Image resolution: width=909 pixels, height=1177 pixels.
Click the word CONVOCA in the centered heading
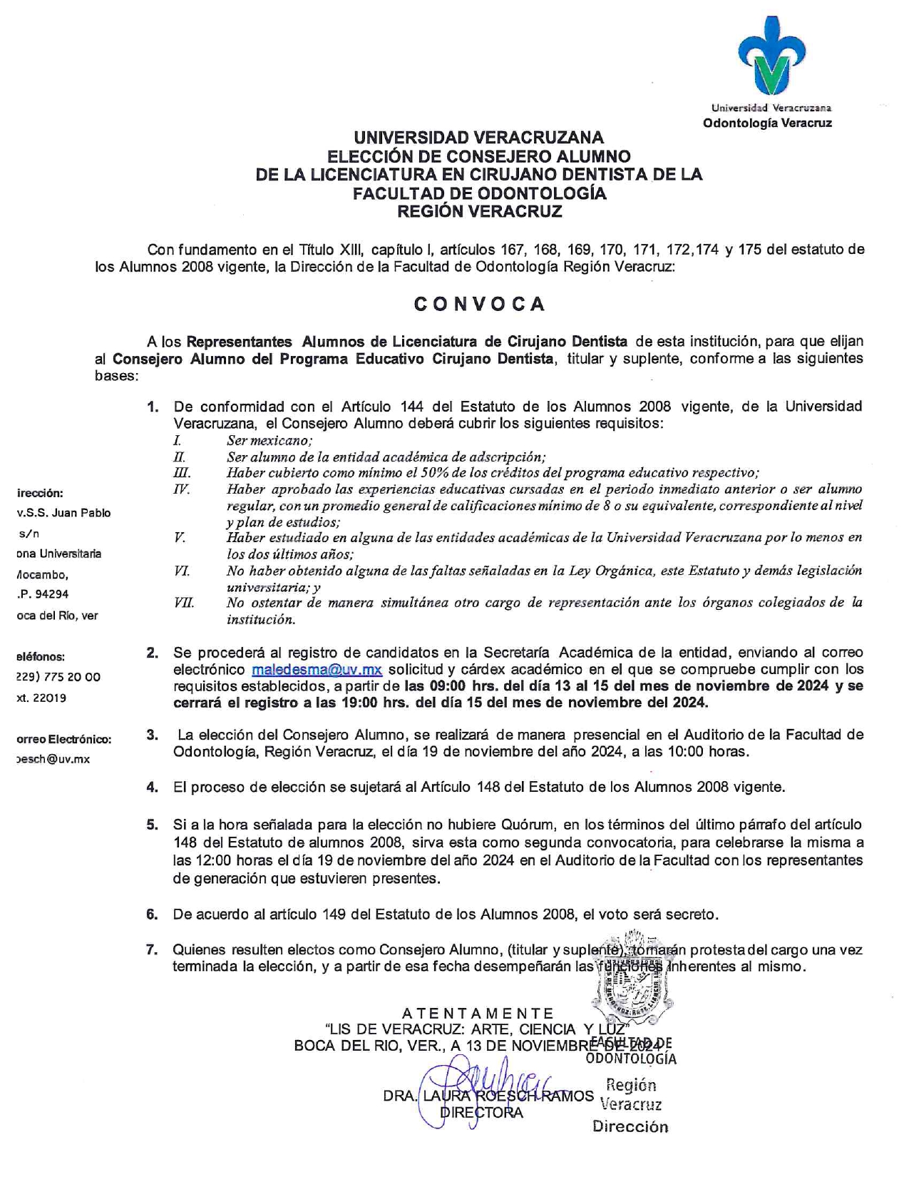tap(480, 304)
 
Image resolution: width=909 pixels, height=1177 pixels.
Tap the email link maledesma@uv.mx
tap(317, 670)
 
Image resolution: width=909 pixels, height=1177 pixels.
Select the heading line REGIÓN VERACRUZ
tap(479, 211)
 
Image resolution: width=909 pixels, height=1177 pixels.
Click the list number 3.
tap(152, 734)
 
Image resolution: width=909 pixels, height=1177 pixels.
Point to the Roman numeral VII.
tap(183, 603)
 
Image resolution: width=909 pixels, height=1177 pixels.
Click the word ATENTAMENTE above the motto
tap(478, 1013)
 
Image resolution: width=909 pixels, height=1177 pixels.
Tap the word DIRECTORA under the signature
tap(482, 1112)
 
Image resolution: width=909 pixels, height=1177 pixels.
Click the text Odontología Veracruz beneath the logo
tap(767, 123)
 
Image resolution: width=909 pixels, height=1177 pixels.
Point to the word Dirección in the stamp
tap(630, 1127)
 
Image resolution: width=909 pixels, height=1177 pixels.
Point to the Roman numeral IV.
tap(182, 489)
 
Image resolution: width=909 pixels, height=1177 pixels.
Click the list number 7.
tap(152, 949)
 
